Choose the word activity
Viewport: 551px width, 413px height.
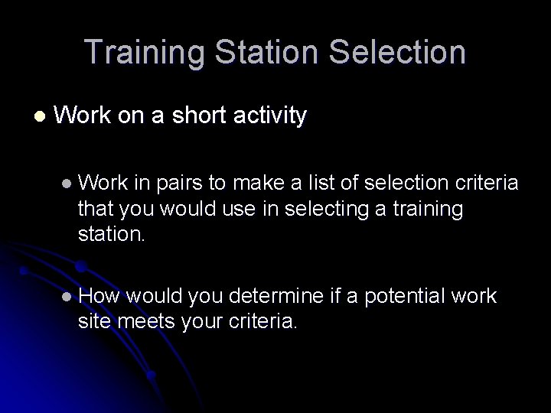coord(267,116)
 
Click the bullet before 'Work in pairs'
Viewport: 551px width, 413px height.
coord(67,184)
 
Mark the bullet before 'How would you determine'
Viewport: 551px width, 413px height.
coord(67,296)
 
